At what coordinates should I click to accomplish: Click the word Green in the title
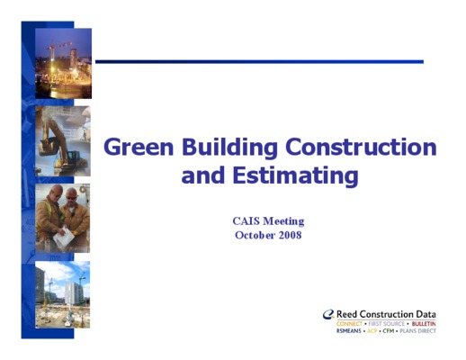click(x=139, y=147)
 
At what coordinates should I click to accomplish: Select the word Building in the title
click(x=229, y=148)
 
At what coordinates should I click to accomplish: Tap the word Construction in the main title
click(x=361, y=147)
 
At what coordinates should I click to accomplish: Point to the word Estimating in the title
click(x=295, y=175)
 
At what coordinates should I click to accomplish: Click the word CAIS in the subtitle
click(x=246, y=221)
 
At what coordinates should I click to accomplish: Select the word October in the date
click(x=255, y=235)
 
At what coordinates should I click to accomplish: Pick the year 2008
click(x=290, y=235)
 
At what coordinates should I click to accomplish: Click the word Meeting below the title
click(x=283, y=221)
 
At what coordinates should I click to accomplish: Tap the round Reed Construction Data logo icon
click(x=328, y=314)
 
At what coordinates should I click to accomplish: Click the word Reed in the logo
click(x=347, y=314)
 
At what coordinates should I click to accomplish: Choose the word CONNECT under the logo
click(x=349, y=324)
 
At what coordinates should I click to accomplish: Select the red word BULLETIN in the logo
click(x=424, y=324)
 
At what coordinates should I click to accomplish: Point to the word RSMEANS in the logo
click(x=349, y=331)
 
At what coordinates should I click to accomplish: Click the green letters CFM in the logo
click(x=389, y=331)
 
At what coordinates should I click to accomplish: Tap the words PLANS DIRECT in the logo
click(x=418, y=331)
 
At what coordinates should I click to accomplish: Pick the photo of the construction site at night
click(x=64, y=63)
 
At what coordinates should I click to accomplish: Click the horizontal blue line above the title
click(x=259, y=62)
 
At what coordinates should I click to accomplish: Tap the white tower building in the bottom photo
click(x=73, y=293)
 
